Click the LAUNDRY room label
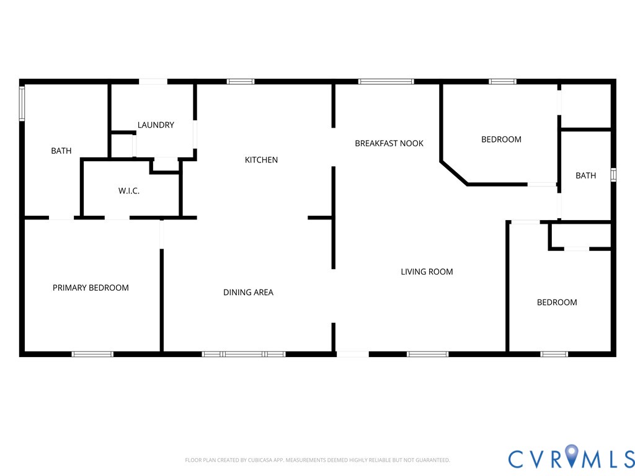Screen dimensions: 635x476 click(x=156, y=125)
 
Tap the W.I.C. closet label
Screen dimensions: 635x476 click(x=129, y=191)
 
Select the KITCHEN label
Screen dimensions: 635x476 click(x=261, y=160)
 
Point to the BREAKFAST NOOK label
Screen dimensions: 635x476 click(x=389, y=143)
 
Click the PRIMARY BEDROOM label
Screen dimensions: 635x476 click(x=91, y=288)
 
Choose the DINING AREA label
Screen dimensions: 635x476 click(x=248, y=293)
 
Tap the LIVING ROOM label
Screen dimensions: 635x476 click(x=427, y=272)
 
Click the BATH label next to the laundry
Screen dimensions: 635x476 click(x=61, y=151)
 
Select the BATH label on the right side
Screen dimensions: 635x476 click(x=585, y=175)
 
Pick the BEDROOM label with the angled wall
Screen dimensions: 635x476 click(x=501, y=139)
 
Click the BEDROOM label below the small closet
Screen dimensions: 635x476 click(x=557, y=302)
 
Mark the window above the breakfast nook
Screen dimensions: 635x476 click(x=386, y=82)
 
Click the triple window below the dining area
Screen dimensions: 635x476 click(x=244, y=354)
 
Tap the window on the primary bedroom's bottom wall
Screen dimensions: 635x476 click(x=92, y=354)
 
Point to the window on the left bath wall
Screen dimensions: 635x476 click(x=22, y=104)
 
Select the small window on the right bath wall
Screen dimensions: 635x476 click(x=613, y=175)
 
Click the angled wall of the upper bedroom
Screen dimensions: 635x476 click(x=454, y=174)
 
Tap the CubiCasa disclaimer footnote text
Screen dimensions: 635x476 click(x=317, y=461)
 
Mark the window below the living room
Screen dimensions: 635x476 click(x=428, y=354)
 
